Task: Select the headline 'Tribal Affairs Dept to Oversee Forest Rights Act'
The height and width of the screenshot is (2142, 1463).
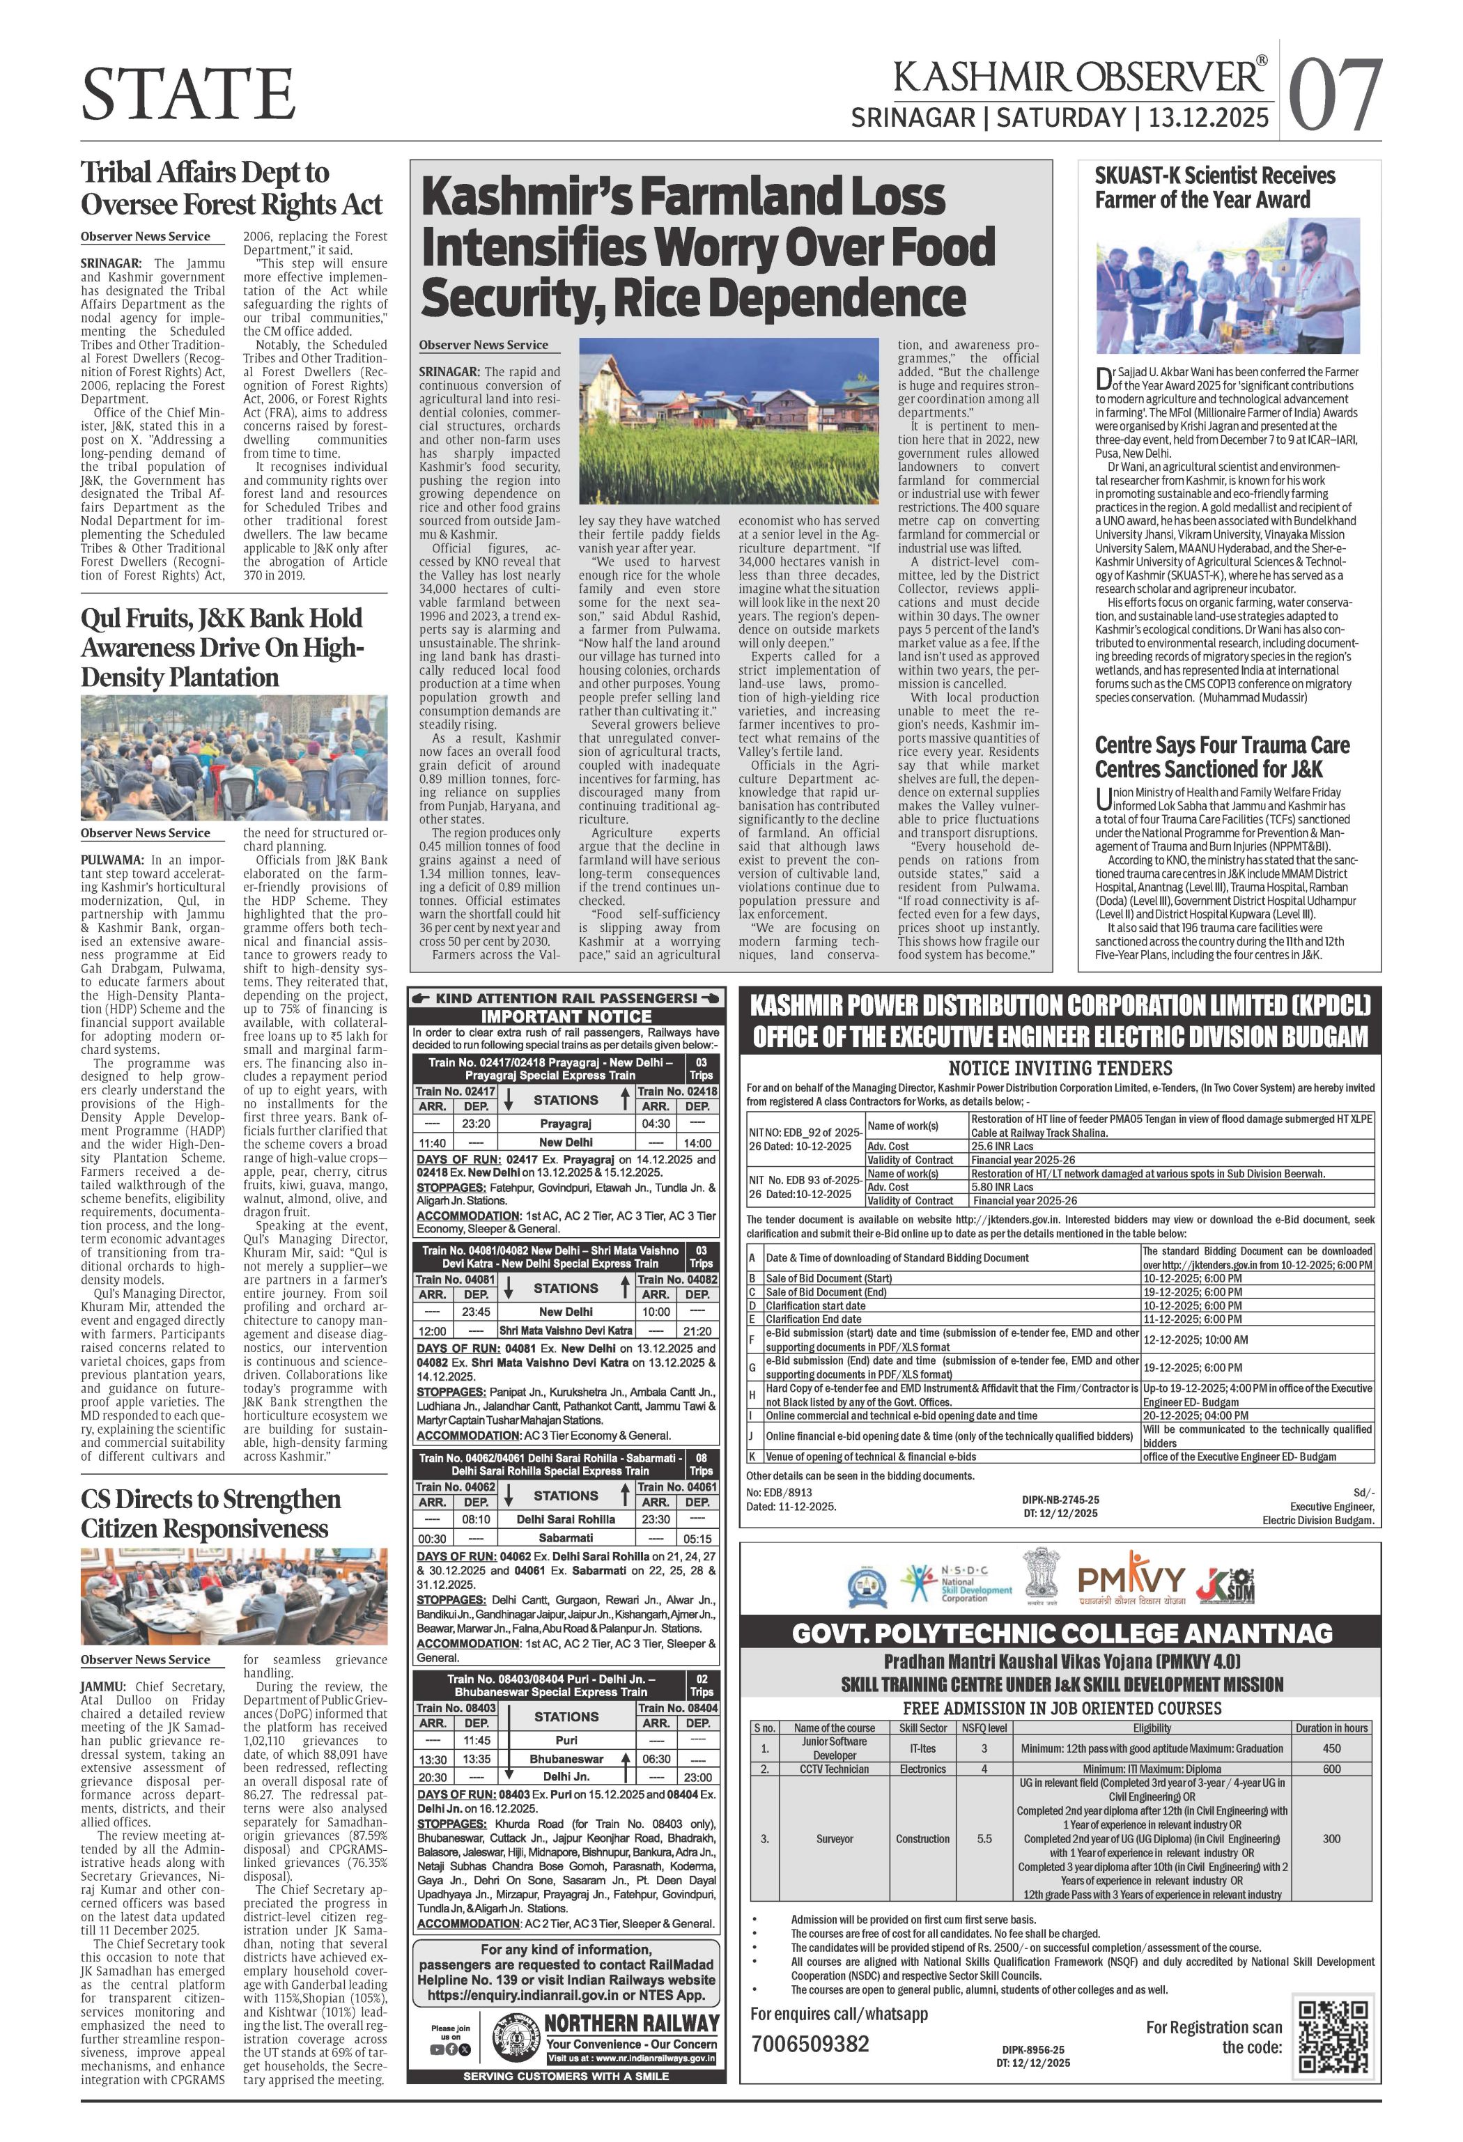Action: (231, 188)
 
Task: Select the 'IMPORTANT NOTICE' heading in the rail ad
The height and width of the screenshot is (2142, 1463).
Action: (566, 1016)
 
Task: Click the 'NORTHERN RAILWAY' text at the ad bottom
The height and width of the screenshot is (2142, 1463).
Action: (631, 2022)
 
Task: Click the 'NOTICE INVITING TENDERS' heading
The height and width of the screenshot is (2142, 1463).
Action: (1060, 1069)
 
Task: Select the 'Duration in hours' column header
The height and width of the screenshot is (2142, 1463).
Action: (1331, 1728)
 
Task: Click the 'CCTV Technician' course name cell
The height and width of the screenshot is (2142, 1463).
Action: (835, 1769)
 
